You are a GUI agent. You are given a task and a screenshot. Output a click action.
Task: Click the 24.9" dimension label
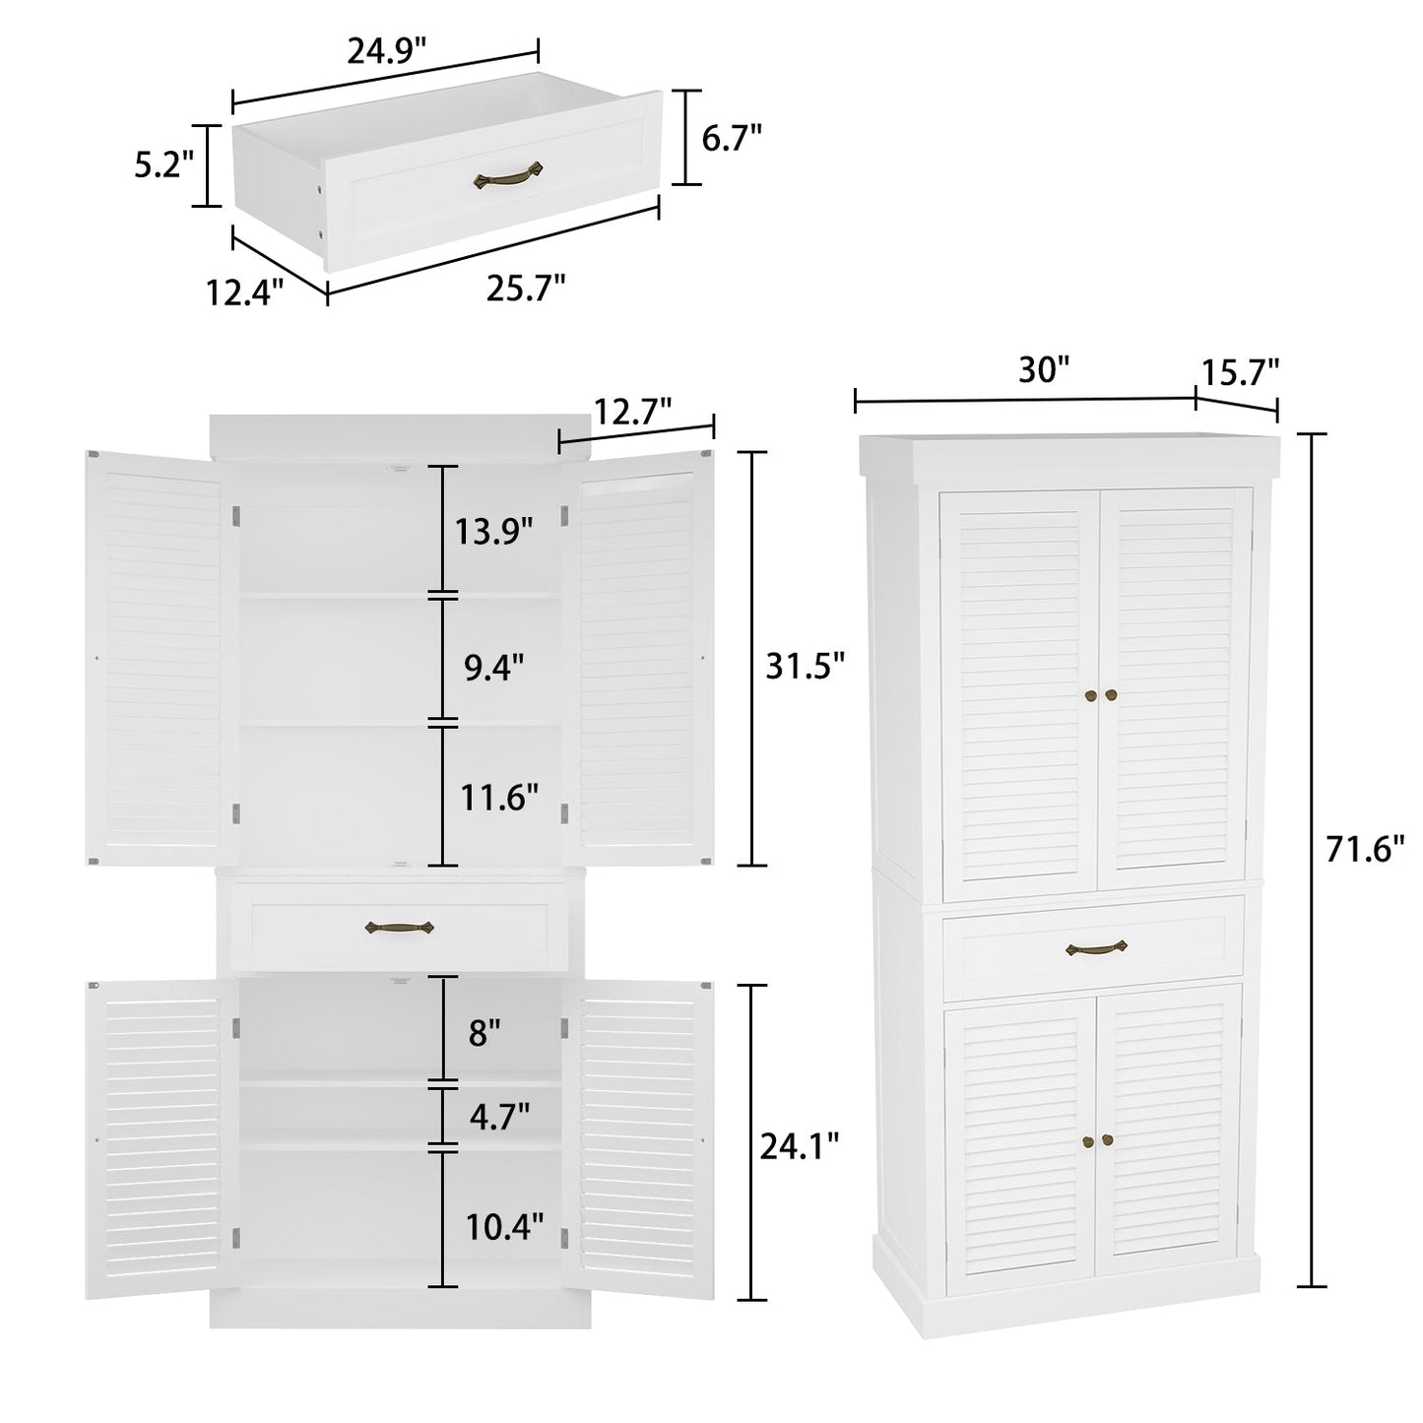click(386, 51)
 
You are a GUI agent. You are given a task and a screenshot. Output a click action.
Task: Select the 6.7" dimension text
click(732, 138)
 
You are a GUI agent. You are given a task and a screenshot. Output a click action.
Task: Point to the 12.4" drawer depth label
click(244, 291)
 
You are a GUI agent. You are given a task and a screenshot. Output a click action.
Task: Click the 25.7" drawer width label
click(525, 288)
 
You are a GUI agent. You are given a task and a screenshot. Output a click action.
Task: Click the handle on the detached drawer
click(508, 177)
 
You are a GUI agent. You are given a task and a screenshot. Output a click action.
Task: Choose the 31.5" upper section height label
click(806, 667)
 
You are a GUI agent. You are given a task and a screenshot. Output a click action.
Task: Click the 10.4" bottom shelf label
click(504, 1226)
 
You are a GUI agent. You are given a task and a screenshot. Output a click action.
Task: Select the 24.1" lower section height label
click(800, 1144)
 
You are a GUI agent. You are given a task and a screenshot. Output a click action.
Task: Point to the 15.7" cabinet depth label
click(1239, 371)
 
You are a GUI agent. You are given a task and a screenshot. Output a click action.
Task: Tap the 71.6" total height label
click(1364, 848)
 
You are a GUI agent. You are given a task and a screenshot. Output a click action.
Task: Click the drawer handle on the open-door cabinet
click(399, 927)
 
